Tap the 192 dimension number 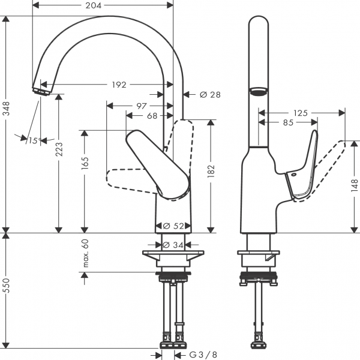(119, 85)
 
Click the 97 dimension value (142, 106)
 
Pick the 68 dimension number (152, 115)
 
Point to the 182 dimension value (211, 173)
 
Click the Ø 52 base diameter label (175, 226)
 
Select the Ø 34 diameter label (175, 245)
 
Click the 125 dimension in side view (301, 113)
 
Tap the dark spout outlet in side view (258, 92)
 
